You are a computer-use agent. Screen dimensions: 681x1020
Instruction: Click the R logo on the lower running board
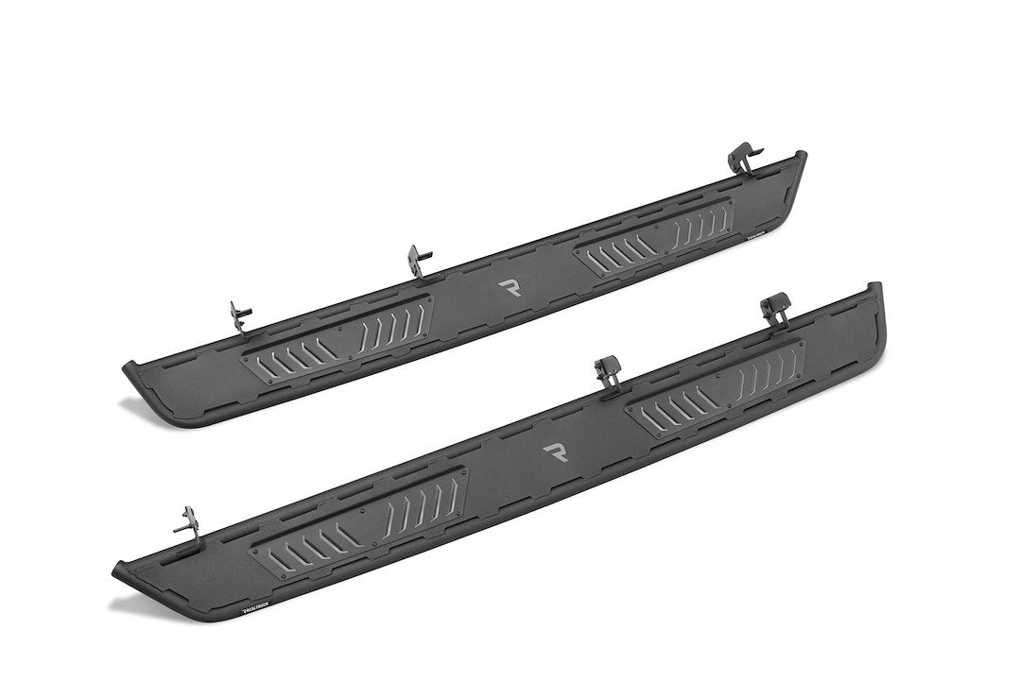(556, 451)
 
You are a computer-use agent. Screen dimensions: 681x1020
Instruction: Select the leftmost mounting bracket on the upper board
(240, 317)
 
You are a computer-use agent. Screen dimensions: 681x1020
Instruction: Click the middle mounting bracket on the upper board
(419, 261)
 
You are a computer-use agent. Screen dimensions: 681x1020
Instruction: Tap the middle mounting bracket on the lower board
(608, 370)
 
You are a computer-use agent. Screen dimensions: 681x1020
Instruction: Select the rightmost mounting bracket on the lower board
(776, 309)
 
